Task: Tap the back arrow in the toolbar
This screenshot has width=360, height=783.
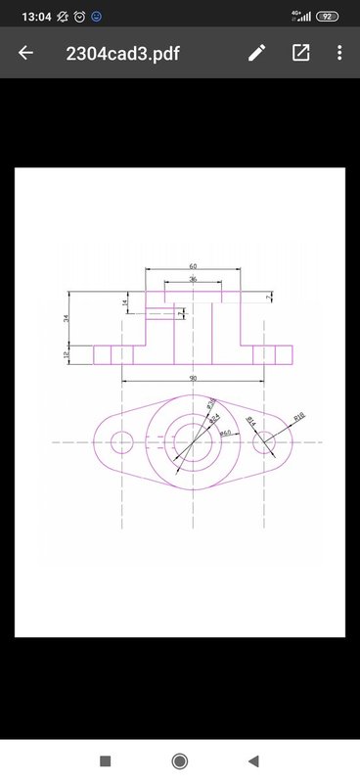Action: coord(25,53)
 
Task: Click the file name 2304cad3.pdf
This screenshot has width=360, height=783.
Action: coord(122,53)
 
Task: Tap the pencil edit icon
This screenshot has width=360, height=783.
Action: coord(256,53)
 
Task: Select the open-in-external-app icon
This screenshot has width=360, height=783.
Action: coord(300,53)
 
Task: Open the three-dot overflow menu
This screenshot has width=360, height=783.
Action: coord(339,53)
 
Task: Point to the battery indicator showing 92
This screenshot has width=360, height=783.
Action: coord(328,17)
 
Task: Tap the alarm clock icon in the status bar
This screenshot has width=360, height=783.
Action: coord(79,17)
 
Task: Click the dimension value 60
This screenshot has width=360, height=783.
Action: coord(193,265)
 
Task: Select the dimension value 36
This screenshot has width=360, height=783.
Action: coord(193,280)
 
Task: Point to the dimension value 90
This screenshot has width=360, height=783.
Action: coord(193,378)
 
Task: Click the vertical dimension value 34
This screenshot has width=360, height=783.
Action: coord(66,319)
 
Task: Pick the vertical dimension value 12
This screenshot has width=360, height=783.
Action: coord(66,354)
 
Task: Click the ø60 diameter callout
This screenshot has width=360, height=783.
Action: coord(225,432)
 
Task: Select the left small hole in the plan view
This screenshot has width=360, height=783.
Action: coord(121,442)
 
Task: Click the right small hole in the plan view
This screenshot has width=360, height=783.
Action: coord(265,442)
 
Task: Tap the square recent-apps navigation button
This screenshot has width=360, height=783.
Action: coord(106,760)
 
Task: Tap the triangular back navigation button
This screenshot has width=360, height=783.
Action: coord(253,760)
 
